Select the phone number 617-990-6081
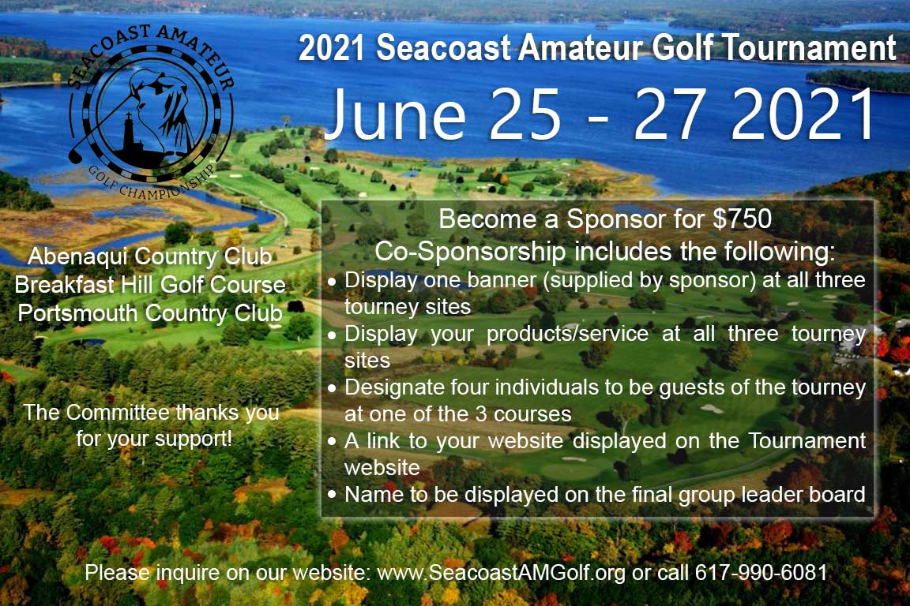(x=761, y=572)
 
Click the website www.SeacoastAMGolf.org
(x=502, y=572)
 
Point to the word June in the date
(x=395, y=114)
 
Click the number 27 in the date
(x=655, y=114)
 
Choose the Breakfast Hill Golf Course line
(x=150, y=284)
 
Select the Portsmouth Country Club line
(x=150, y=312)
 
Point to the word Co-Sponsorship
(x=469, y=252)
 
